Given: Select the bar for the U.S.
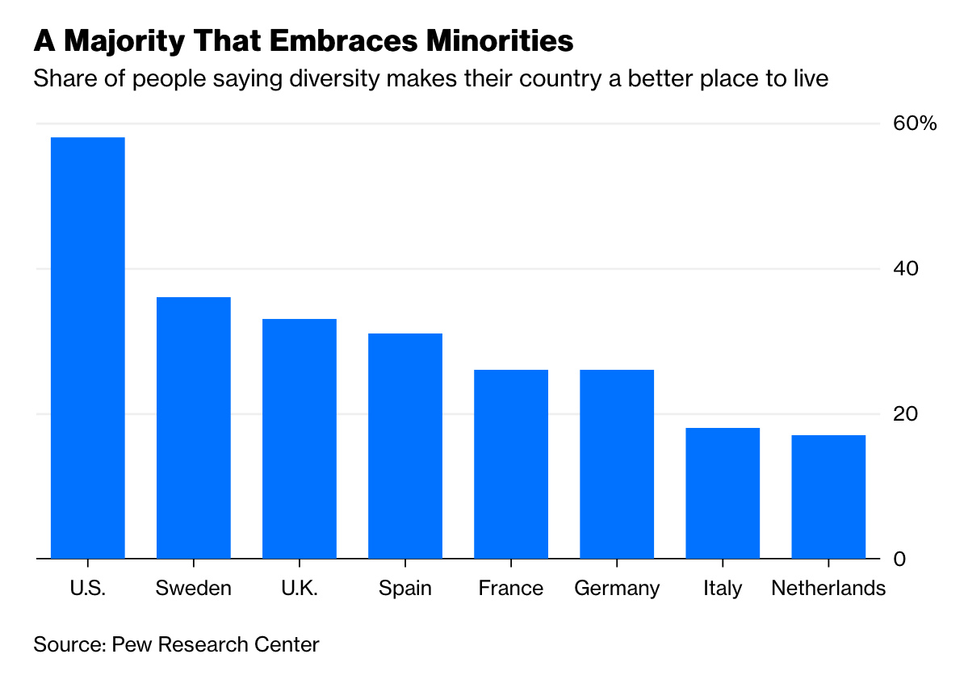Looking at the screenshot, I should [x=88, y=347].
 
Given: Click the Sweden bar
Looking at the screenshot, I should [x=194, y=427].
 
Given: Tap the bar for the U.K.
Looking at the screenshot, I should [x=300, y=438].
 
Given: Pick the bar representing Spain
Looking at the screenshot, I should [x=405, y=446].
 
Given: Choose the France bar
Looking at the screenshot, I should [x=511, y=463].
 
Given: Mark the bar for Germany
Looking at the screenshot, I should [x=617, y=463].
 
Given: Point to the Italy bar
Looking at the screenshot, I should [x=723, y=493].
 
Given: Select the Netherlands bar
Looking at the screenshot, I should [x=828, y=497].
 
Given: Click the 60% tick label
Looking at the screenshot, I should [x=914, y=124].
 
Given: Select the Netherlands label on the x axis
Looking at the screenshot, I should [x=828, y=588].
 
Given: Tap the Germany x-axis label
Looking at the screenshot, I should [x=617, y=589].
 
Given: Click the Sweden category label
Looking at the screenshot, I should [x=194, y=588].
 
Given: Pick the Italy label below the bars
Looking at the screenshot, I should [x=723, y=589].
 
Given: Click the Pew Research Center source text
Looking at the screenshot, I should [x=216, y=644].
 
